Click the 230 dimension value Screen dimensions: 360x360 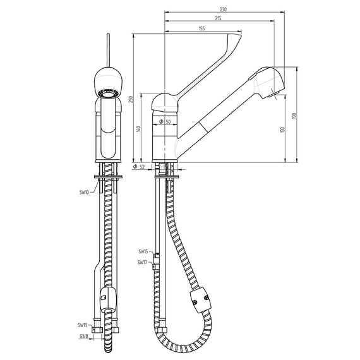(223, 9)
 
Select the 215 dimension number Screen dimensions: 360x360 (218, 18)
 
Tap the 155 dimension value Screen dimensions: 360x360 (201, 28)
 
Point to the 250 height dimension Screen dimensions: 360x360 (131, 99)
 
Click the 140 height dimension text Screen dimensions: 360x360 (138, 129)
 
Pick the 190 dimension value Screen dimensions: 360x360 (294, 115)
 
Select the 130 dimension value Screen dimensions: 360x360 (282, 129)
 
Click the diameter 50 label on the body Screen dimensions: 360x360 (165, 122)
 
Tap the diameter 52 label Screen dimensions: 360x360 (139, 167)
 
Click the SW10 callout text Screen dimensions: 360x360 (84, 192)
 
